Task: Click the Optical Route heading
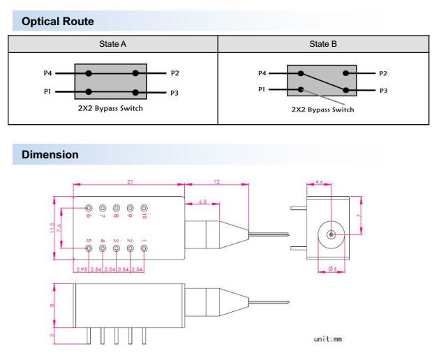58,22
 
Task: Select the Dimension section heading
50,154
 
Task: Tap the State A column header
113,44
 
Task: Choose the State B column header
323,44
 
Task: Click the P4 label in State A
47,73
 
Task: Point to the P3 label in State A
174,91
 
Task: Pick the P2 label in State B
382,73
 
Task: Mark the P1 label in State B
262,89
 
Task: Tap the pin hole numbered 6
89,208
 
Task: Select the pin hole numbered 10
144,208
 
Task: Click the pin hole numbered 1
144,249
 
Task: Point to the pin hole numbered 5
89,249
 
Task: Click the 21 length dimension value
130,182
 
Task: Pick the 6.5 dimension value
202,201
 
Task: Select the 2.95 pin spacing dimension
82,269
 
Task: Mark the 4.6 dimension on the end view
319,182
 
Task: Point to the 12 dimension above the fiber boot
216,182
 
